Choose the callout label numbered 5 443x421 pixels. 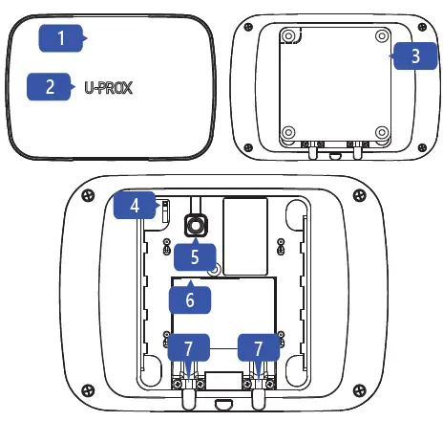point(196,255)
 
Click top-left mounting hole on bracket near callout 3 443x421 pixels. point(286,35)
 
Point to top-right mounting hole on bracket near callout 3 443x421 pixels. point(381,35)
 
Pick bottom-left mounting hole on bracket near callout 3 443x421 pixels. point(286,131)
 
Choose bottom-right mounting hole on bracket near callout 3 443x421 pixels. point(381,131)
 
